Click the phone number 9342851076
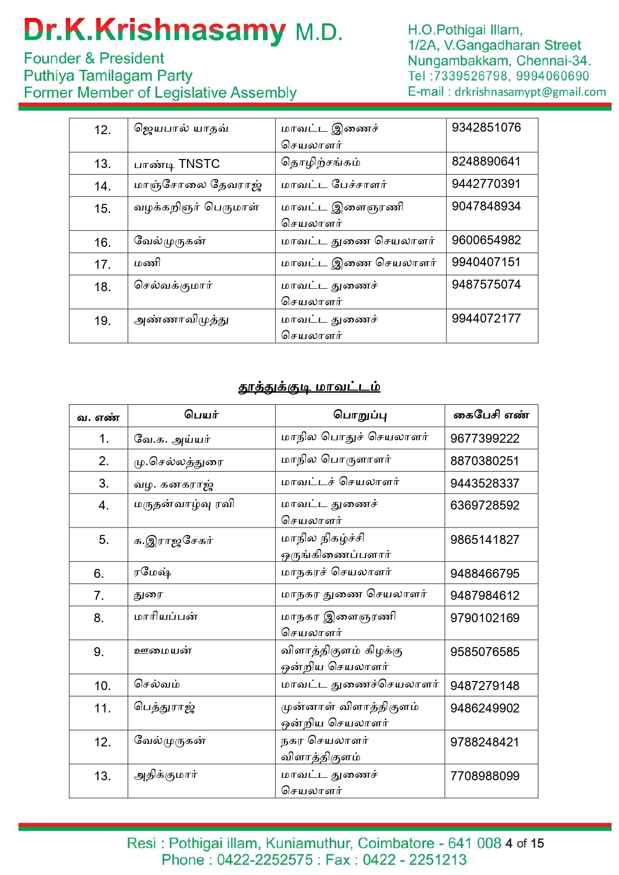tap(486, 128)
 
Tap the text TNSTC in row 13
tap(199, 164)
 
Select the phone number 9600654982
tap(486, 240)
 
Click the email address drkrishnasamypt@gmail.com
tap(530, 92)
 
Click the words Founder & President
tap(94, 58)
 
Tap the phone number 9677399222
tap(484, 439)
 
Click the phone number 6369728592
tap(484, 506)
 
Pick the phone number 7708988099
tap(484, 776)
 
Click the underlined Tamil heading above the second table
tap(309, 387)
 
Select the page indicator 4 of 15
tap(524, 844)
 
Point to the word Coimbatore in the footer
tap(396, 844)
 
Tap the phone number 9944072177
tap(486, 319)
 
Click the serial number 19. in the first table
tap(102, 321)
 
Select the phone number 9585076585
tap(484, 652)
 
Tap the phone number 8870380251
tap(484, 461)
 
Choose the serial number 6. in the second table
tap(99, 574)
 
